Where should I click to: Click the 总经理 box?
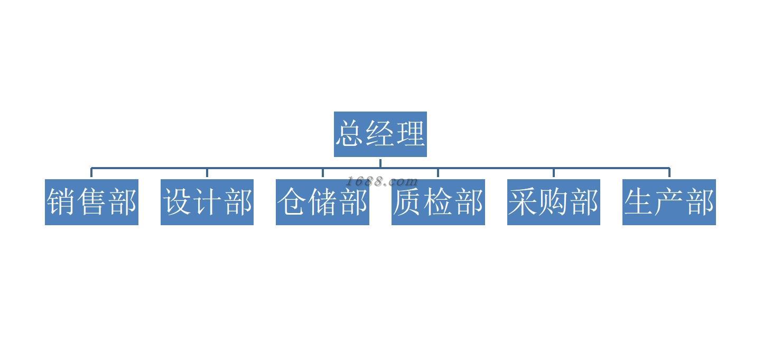pyautogui.click(x=380, y=134)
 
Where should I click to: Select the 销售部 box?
pyautogui.click(x=91, y=202)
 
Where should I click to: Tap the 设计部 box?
pyautogui.click(x=207, y=202)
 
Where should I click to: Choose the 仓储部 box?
pyautogui.click(x=322, y=202)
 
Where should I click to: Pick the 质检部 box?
pyautogui.click(x=438, y=202)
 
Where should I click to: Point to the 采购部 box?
pyautogui.click(x=554, y=202)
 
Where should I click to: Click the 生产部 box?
pyautogui.click(x=669, y=202)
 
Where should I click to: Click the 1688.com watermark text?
pyautogui.click(x=381, y=182)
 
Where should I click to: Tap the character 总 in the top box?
pyautogui.click(x=350, y=133)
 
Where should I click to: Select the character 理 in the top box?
pyautogui.click(x=411, y=133)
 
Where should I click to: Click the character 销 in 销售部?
pyautogui.click(x=61, y=202)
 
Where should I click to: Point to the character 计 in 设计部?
pyautogui.click(x=207, y=202)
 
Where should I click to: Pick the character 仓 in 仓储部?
pyautogui.click(x=292, y=202)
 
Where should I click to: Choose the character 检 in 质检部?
pyautogui.click(x=438, y=202)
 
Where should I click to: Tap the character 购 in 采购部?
pyautogui.click(x=554, y=202)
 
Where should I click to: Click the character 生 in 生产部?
pyautogui.click(x=639, y=202)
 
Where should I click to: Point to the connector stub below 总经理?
pyautogui.click(x=380, y=162)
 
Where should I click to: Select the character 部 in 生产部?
pyautogui.click(x=700, y=202)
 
